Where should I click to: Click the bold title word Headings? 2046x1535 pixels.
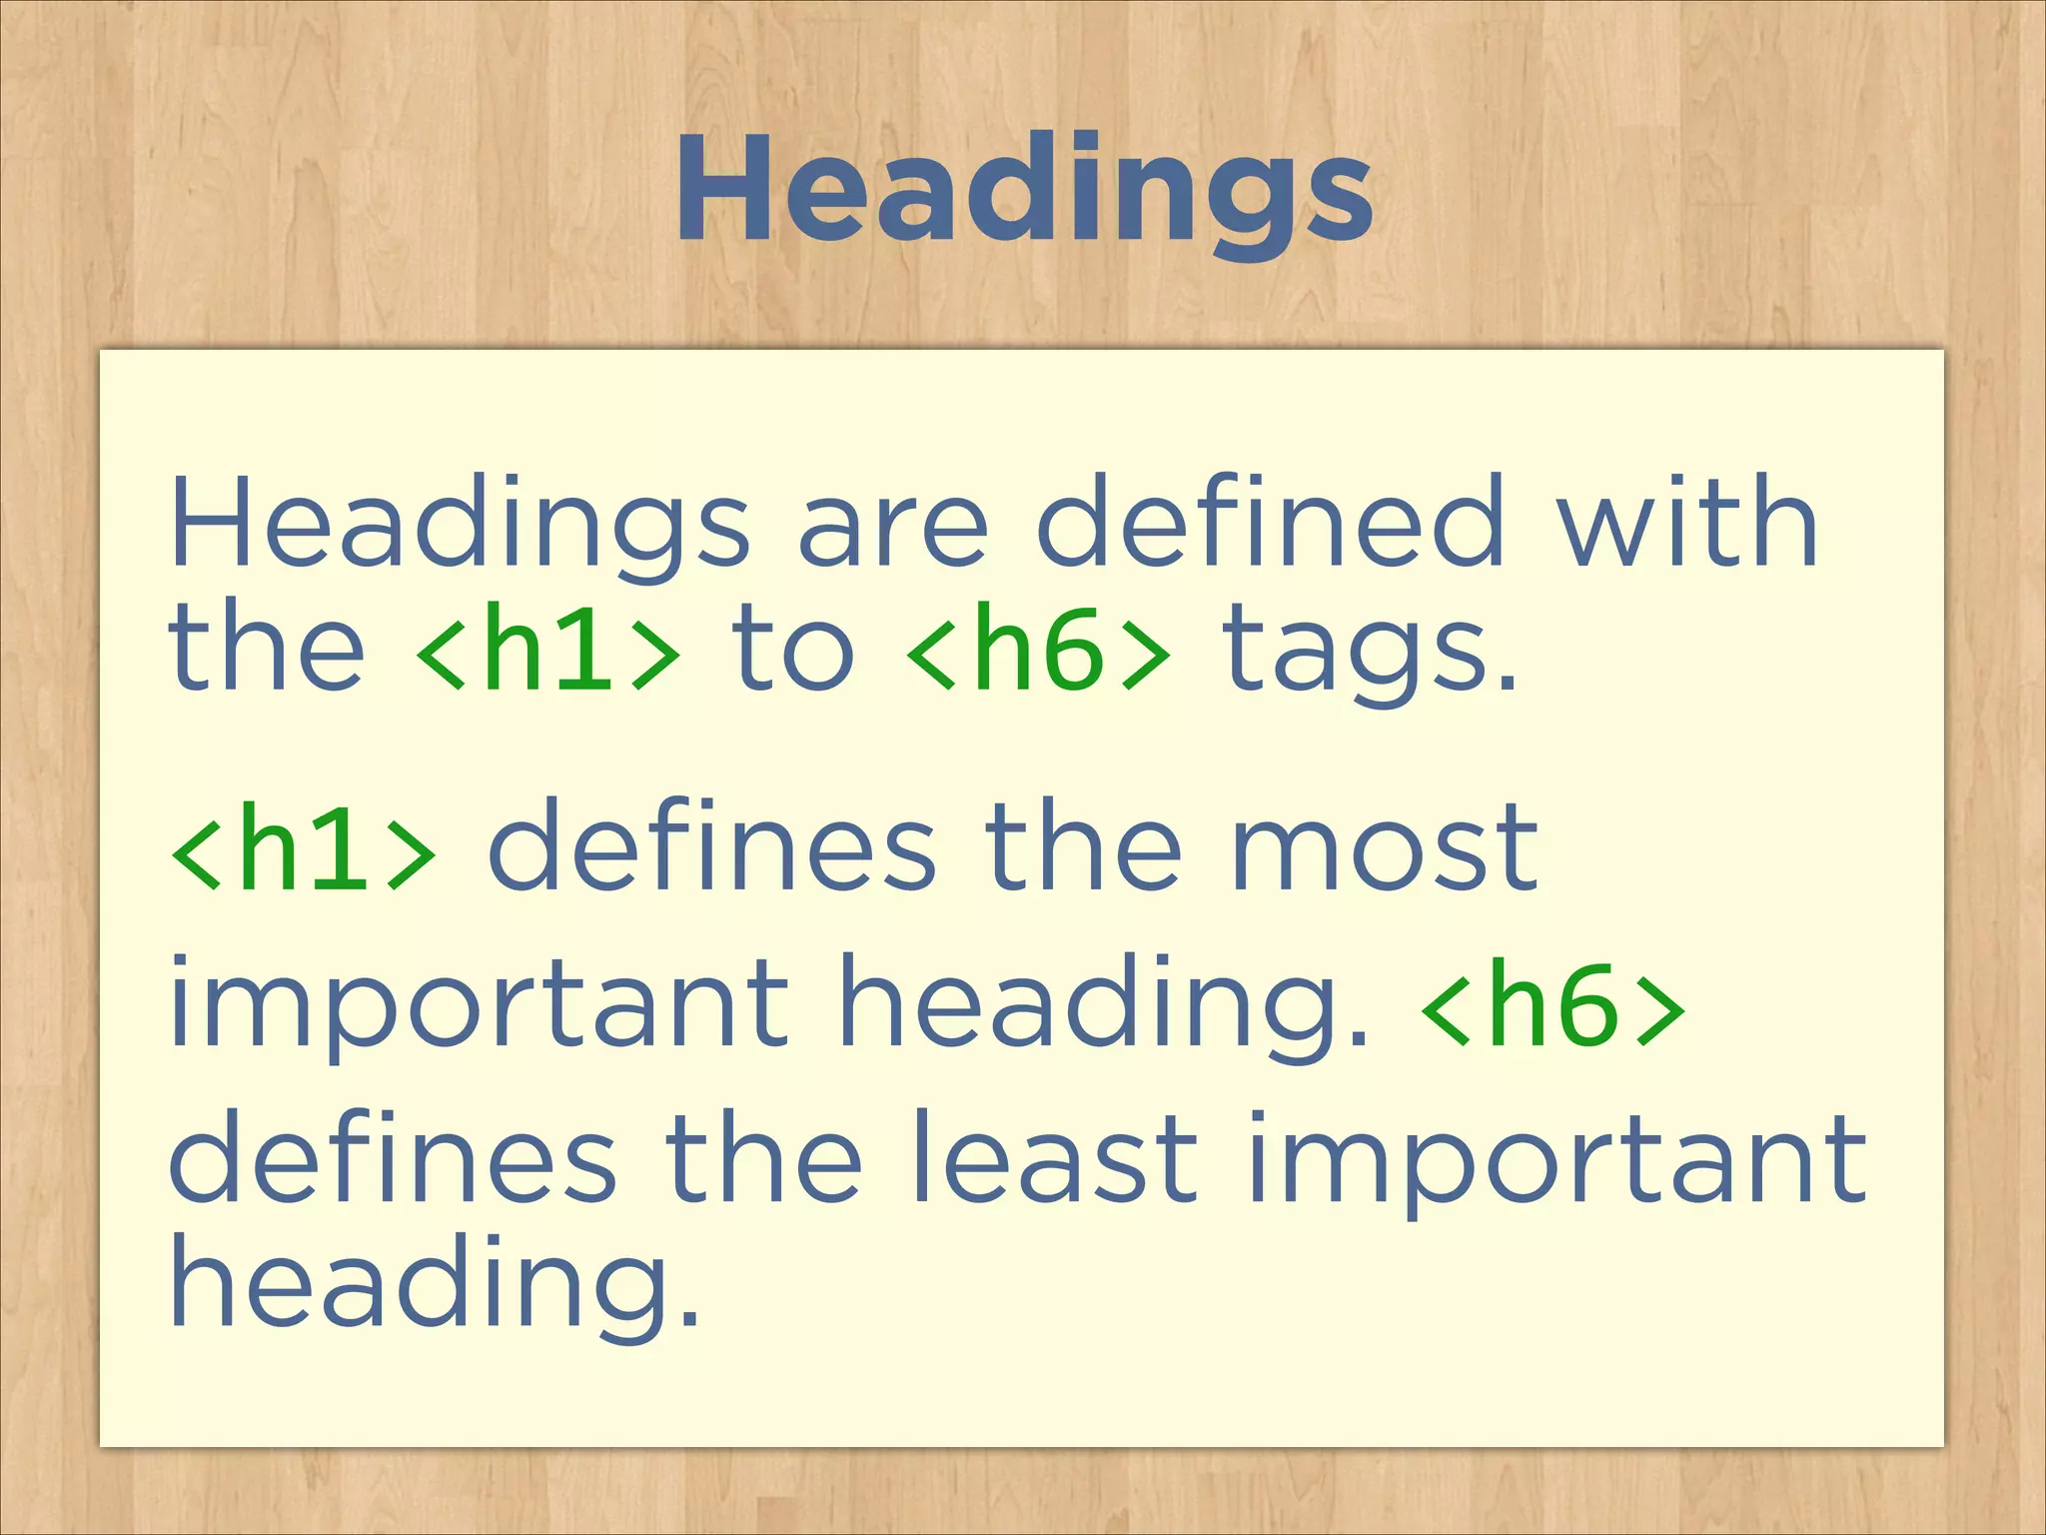1023,192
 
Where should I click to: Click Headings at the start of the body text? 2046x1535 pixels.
460,525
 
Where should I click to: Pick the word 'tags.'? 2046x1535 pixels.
1369,655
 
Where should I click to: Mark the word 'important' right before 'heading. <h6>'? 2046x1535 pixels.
480,1004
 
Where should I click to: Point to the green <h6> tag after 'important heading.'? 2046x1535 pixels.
1553,1004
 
